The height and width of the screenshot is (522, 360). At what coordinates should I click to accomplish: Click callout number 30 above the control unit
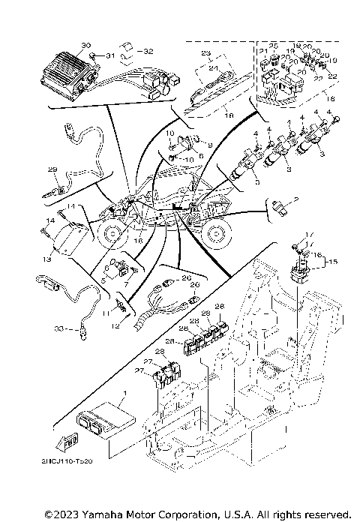(x=85, y=46)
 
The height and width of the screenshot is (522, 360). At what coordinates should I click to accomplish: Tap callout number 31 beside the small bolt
(x=109, y=56)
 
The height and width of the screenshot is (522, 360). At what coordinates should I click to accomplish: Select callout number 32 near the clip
(x=148, y=51)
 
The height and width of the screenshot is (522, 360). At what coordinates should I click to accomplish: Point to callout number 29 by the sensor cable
(x=52, y=169)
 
